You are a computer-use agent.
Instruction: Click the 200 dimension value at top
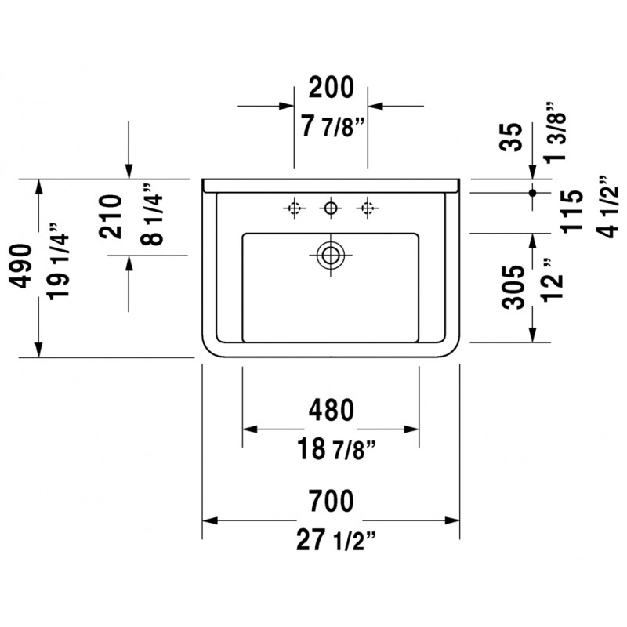pos(331,87)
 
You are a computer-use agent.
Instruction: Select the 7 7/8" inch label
pos(332,126)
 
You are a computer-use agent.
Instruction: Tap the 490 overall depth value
pos(20,266)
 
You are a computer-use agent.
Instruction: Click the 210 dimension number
pos(110,217)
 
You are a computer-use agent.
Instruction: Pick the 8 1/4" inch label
pos(151,214)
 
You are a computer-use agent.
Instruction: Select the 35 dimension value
pos(513,136)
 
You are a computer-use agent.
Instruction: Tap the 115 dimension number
pos(572,211)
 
